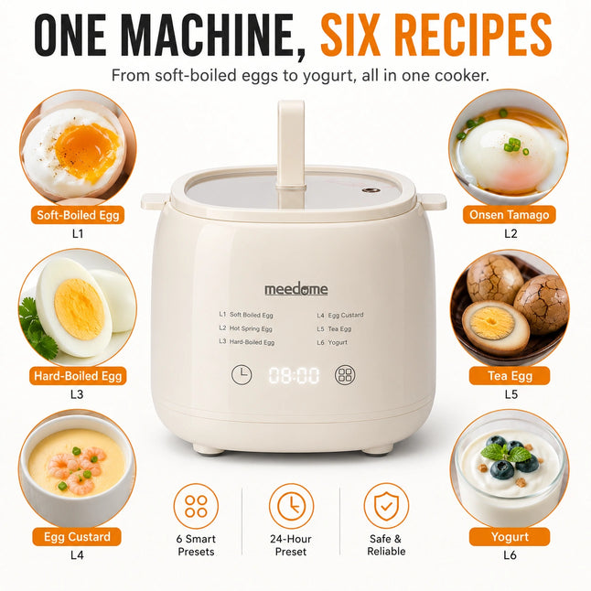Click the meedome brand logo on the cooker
pos(295,289)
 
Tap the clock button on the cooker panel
pos(242,375)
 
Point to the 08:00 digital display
pos(294,375)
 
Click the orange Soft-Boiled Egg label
pos(78,215)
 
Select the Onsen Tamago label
pos(510,214)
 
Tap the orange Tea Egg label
pos(510,376)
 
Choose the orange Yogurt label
pos(510,537)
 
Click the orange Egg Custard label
pos(77,537)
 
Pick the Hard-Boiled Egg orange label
pos(78,376)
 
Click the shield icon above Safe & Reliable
pos(386,506)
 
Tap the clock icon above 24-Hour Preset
pos(291,506)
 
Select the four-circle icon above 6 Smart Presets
pos(196,506)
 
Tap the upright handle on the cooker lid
pos(291,151)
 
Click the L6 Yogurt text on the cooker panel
pos(332,342)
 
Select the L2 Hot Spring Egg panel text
pos(245,328)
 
